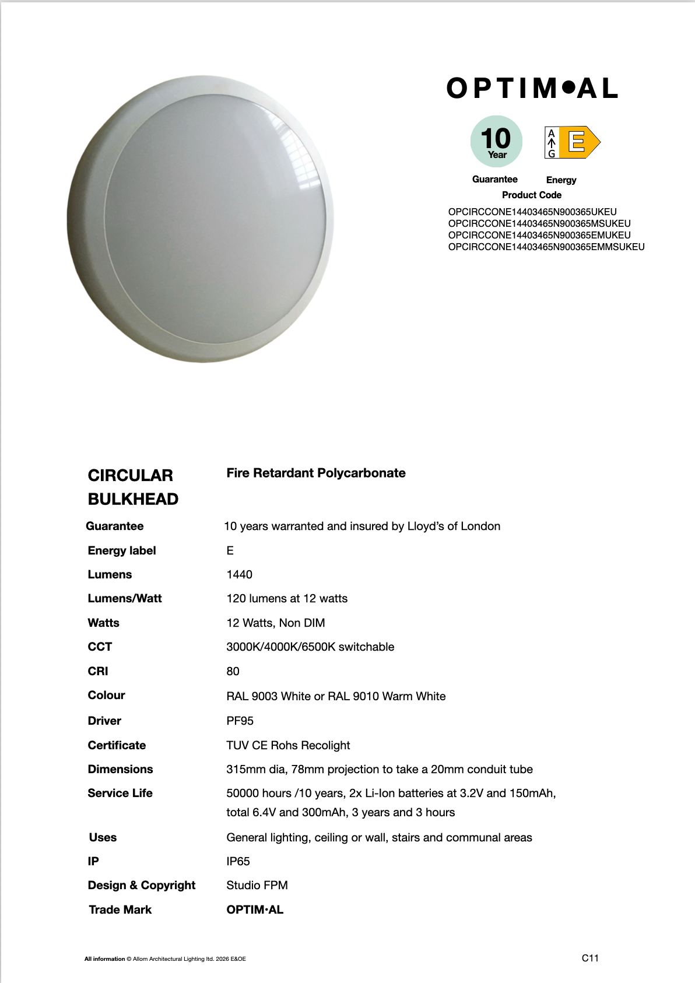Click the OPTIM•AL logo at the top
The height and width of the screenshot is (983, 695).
click(532, 89)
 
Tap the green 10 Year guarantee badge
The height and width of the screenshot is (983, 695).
click(496, 142)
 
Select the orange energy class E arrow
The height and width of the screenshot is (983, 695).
click(578, 142)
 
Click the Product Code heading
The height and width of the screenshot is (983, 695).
click(531, 195)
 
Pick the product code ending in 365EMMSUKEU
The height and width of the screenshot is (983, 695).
click(546, 247)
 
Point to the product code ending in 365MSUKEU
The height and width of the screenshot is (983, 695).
click(539, 223)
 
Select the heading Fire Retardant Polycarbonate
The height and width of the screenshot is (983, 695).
click(315, 473)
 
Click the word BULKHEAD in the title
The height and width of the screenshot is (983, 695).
click(133, 499)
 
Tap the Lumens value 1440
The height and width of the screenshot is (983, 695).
click(239, 574)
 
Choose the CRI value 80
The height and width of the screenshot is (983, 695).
click(233, 671)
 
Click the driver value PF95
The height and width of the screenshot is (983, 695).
click(240, 721)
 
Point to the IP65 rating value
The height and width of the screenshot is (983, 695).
click(238, 861)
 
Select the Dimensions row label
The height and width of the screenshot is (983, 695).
click(120, 769)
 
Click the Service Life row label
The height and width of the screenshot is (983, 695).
click(120, 793)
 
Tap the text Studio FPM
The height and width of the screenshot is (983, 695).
click(257, 885)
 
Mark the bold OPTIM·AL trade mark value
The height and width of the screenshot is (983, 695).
click(255, 910)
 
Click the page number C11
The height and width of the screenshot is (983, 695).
click(590, 958)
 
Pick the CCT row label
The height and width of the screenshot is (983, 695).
click(100, 647)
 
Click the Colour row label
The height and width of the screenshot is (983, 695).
click(106, 695)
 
